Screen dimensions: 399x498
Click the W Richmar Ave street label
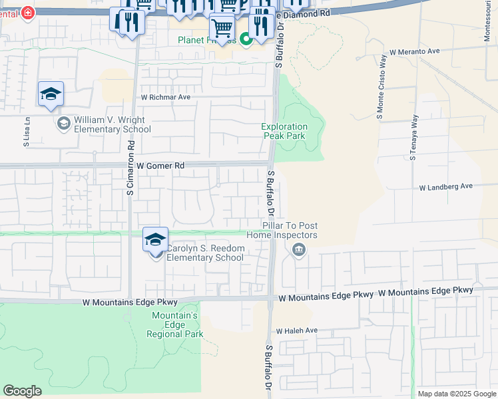coord(166,97)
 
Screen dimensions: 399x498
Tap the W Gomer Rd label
coord(160,165)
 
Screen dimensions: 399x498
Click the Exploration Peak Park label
coord(284,131)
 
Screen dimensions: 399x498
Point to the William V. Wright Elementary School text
coord(113,124)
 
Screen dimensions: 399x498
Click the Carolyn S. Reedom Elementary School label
coord(205,253)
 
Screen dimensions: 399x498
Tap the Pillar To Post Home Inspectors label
coord(282,231)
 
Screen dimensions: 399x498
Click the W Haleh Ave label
coord(297,331)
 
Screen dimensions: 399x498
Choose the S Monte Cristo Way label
coord(381,98)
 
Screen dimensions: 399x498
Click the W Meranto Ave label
coord(415,51)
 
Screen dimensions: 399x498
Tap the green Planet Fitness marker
coord(246,40)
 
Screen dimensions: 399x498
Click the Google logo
coord(22,391)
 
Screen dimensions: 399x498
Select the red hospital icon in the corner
coord(28,13)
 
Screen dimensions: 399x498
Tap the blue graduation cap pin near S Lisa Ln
coord(51,95)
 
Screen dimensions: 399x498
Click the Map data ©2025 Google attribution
coord(457,394)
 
